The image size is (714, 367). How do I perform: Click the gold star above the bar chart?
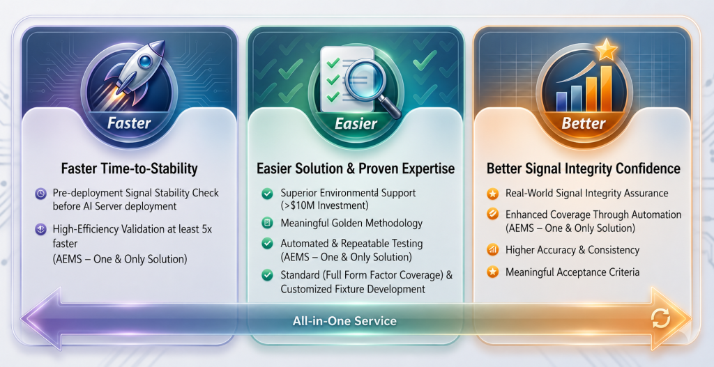tap(606, 50)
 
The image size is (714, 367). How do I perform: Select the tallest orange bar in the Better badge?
tap(606, 88)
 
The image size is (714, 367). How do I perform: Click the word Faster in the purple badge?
tap(129, 123)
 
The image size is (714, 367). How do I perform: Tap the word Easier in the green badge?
tap(356, 123)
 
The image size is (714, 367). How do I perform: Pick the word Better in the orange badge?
tap(584, 123)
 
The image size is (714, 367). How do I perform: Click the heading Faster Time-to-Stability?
tap(129, 169)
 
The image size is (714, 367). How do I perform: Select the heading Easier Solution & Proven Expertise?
tap(356, 169)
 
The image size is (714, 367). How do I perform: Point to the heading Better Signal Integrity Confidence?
tap(584, 169)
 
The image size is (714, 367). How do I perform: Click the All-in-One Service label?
tap(344, 321)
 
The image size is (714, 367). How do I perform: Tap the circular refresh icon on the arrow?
tap(661, 318)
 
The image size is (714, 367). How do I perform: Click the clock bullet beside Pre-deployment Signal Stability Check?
tap(40, 194)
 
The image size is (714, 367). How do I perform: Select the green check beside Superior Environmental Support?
tap(267, 194)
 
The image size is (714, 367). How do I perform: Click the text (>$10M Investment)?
tap(325, 205)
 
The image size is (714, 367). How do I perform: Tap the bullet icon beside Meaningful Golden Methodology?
tap(267, 224)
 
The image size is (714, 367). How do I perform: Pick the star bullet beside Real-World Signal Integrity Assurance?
tap(492, 194)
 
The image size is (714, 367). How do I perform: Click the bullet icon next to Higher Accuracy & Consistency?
tap(492, 250)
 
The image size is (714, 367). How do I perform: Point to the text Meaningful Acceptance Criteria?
tap(573, 272)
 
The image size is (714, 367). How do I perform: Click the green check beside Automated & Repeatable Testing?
tap(267, 244)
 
